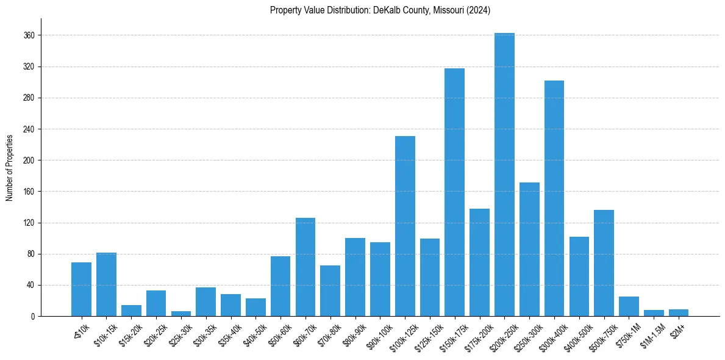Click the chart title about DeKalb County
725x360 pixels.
coord(380,10)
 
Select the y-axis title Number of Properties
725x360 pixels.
coord(10,167)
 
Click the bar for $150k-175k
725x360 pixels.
coord(454,192)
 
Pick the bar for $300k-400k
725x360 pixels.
coord(554,198)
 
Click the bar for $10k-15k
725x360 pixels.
coord(106,284)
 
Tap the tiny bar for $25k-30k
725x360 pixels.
coord(181,314)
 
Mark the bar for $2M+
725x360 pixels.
coord(679,313)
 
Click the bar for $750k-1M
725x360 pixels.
coord(629,306)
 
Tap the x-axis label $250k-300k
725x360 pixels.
coord(526,333)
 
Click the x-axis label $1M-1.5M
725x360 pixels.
coord(651,333)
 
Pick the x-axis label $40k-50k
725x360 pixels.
coord(252,333)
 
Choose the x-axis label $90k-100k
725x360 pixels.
coord(376,333)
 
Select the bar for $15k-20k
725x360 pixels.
coord(131,311)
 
